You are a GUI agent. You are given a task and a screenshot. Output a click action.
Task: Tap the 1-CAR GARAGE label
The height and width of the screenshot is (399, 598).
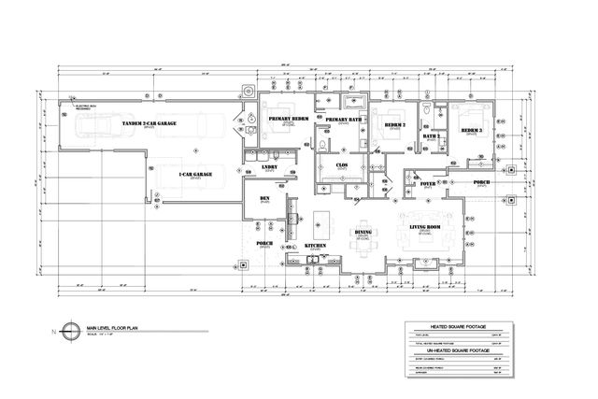click(195, 173)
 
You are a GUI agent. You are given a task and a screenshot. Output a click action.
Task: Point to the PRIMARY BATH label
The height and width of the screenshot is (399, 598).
click(343, 121)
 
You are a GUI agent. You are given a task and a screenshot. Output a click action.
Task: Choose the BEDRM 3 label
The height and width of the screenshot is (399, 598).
click(471, 130)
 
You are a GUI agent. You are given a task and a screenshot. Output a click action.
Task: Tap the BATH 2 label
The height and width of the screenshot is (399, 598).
click(431, 136)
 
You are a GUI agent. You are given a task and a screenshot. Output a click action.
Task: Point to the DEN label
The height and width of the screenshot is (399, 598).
click(264, 199)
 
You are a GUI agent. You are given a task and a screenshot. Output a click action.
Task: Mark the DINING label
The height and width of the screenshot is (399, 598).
click(364, 233)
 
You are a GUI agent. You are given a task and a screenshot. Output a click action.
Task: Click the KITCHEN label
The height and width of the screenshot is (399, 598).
click(315, 245)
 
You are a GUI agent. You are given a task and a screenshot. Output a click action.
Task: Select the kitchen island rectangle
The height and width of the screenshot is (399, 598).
click(323, 221)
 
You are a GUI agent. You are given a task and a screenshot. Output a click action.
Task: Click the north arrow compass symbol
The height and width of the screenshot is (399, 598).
click(63, 330)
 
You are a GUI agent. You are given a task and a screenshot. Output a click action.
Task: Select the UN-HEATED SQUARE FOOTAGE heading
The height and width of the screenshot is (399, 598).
click(459, 350)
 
